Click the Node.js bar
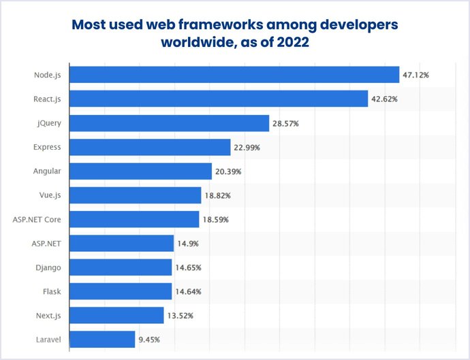234,75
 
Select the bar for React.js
219,99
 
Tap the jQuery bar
170,123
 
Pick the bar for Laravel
102,339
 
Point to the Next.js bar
116,315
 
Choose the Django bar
121,267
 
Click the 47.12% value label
416,75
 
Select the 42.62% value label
384,99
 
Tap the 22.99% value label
247,147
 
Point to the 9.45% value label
148,339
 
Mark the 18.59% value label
215,219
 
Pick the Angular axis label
47,171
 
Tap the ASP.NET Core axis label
37,219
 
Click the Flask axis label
52,291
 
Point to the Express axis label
47,147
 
